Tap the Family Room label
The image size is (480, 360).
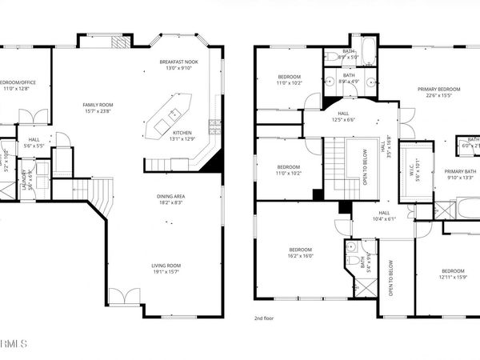click(x=99, y=108)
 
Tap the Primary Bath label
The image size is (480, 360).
click(x=460, y=174)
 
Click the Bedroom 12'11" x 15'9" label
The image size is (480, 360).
click(x=452, y=274)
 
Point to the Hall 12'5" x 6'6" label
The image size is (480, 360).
click(x=343, y=117)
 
